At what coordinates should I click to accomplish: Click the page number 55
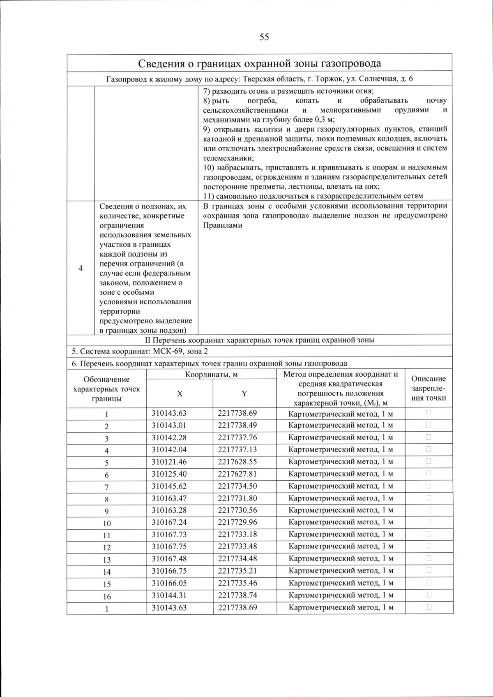264,37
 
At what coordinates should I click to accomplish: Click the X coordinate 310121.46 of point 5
169,462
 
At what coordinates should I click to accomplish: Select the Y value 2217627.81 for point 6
237,474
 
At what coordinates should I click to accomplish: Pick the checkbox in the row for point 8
428,498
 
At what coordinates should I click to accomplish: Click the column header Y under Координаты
244,394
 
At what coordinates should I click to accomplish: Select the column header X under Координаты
180,394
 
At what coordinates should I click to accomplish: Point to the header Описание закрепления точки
428,388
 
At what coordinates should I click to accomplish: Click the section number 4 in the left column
81,268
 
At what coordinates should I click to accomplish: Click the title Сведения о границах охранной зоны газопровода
259,63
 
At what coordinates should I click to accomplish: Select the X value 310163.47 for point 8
169,498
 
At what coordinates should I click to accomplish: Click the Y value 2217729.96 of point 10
237,522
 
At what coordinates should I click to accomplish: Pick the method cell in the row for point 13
341,559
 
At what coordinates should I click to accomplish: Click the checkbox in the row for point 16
428,595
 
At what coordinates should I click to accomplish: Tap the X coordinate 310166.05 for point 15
169,583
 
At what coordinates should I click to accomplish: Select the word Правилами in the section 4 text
222,225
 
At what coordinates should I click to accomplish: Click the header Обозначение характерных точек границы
106,389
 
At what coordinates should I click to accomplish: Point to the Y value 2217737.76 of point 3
237,438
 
